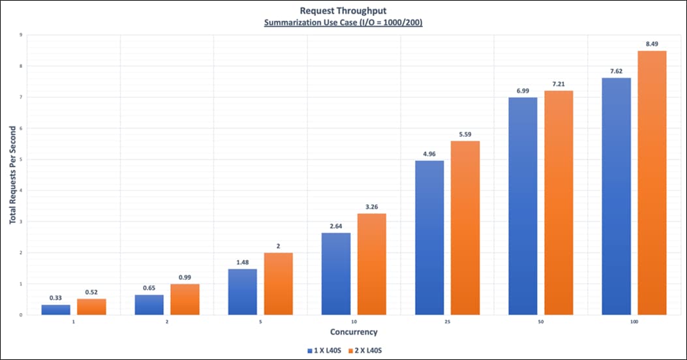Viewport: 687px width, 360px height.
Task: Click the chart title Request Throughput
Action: click(343, 10)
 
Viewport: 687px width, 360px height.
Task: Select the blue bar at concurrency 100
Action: click(617, 196)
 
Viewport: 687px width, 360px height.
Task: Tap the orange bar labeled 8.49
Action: click(652, 183)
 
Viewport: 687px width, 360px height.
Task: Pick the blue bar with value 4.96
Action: click(429, 237)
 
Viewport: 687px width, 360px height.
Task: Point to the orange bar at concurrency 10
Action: click(371, 264)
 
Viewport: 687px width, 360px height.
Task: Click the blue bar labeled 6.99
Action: click(523, 206)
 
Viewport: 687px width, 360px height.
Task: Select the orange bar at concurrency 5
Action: click(278, 284)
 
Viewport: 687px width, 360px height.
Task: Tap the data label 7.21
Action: click(558, 85)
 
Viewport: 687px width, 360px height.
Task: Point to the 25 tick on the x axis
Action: click(448, 322)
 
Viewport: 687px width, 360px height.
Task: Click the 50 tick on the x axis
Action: click(541, 322)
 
